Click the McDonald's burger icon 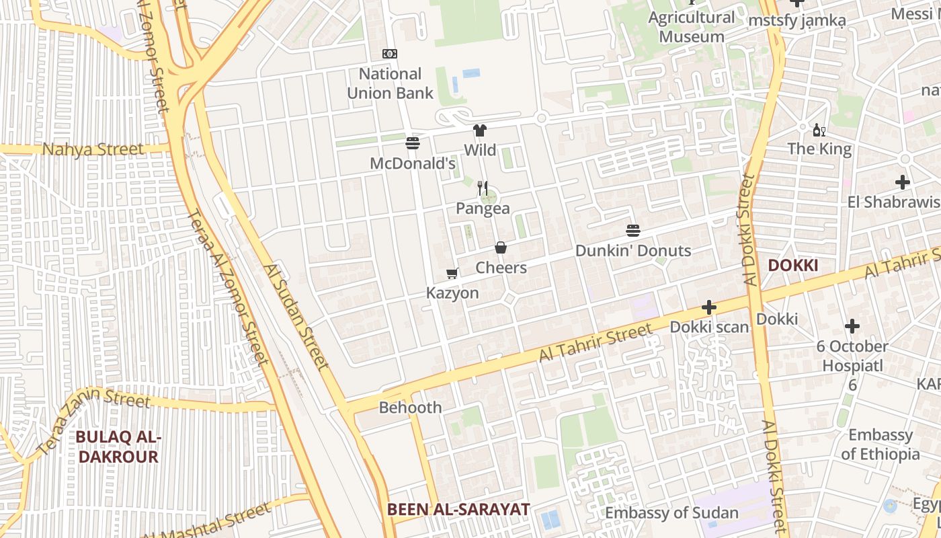click(413, 143)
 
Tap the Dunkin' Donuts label click(632, 251)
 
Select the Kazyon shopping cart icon click(452, 273)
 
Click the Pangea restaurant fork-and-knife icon click(483, 188)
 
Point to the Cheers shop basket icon click(501, 247)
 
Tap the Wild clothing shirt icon click(479, 130)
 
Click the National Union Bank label click(390, 83)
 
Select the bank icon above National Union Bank click(389, 54)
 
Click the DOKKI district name click(792, 266)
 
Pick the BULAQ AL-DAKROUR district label click(118, 447)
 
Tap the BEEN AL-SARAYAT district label click(458, 509)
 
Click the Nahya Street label click(93, 149)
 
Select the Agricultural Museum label click(691, 27)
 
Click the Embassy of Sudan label click(671, 513)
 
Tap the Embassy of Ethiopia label click(880, 445)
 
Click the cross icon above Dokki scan click(708, 307)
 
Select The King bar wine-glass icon click(819, 130)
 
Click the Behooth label click(410, 408)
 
